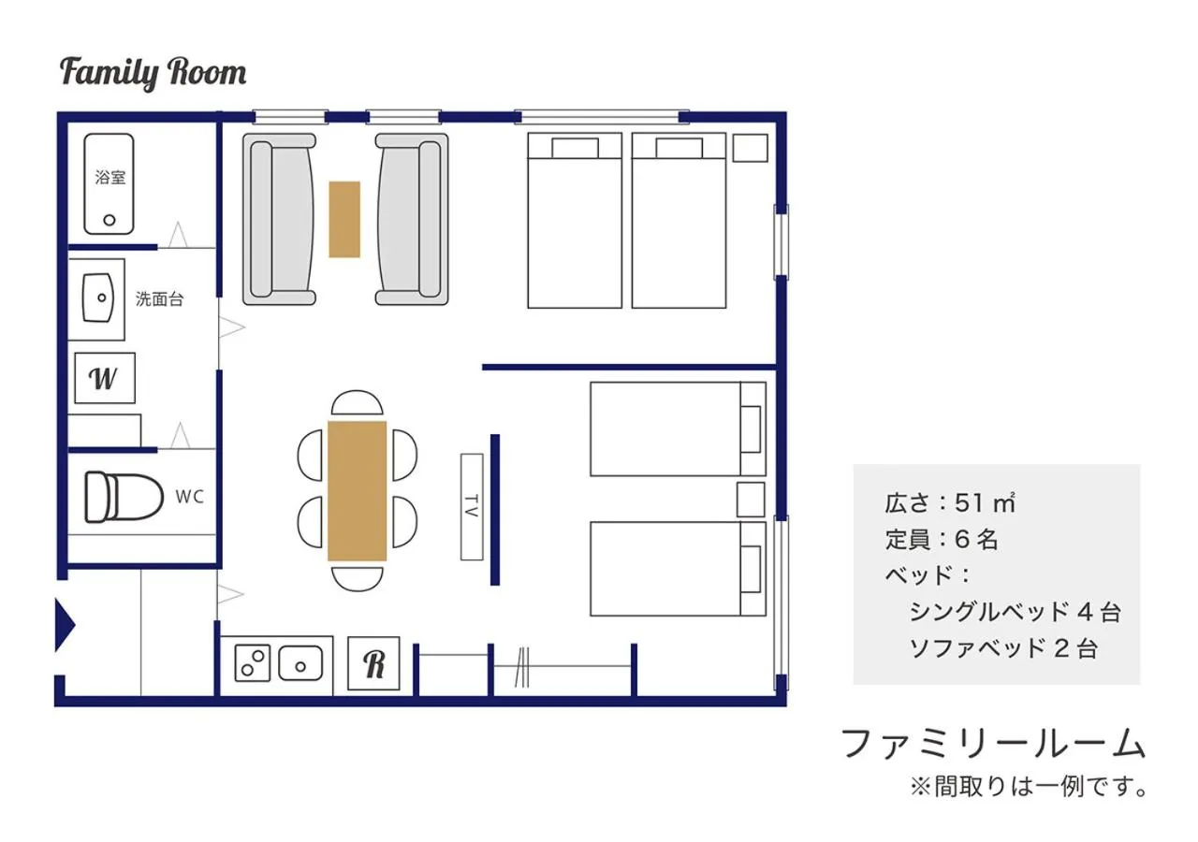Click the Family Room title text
point(153,73)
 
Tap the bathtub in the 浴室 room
point(109,183)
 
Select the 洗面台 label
point(159,299)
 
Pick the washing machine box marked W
point(104,378)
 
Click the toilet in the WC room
point(118,497)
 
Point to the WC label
point(189,498)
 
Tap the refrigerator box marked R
point(374,663)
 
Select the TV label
point(472,506)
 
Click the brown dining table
point(357,491)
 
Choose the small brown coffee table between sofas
point(344,219)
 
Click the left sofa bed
point(279,219)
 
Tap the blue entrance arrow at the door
point(64,625)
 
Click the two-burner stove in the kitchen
point(252,663)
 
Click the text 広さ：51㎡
point(949,502)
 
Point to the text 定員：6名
point(942,539)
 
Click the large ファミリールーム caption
point(993,743)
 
